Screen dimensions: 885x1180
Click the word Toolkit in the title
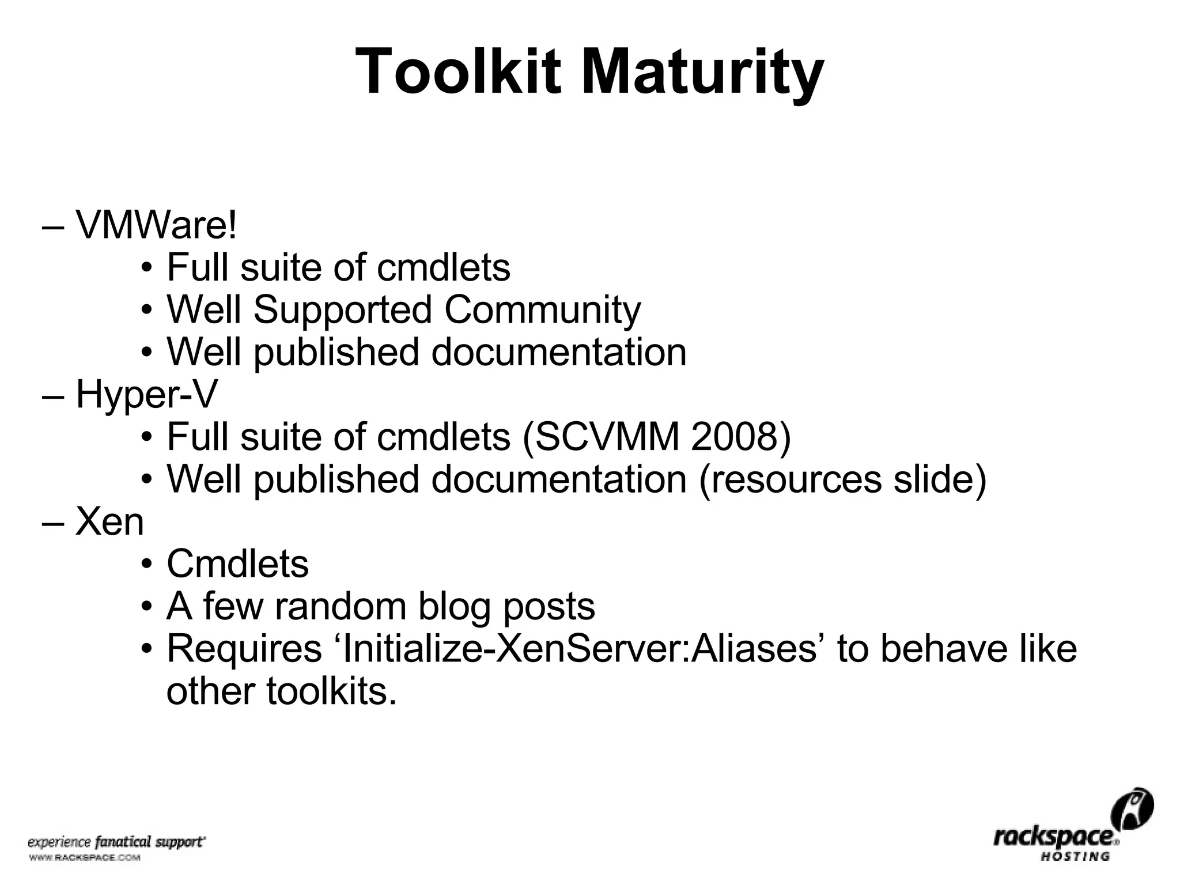point(458,72)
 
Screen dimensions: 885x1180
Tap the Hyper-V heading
point(147,395)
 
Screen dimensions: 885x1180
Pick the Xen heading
point(109,522)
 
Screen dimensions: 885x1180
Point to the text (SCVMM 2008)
point(656,437)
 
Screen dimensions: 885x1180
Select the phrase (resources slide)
point(843,479)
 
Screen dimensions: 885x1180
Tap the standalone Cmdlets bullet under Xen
point(237,563)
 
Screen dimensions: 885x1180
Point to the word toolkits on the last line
point(331,691)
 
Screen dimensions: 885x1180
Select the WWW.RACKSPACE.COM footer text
point(84,858)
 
